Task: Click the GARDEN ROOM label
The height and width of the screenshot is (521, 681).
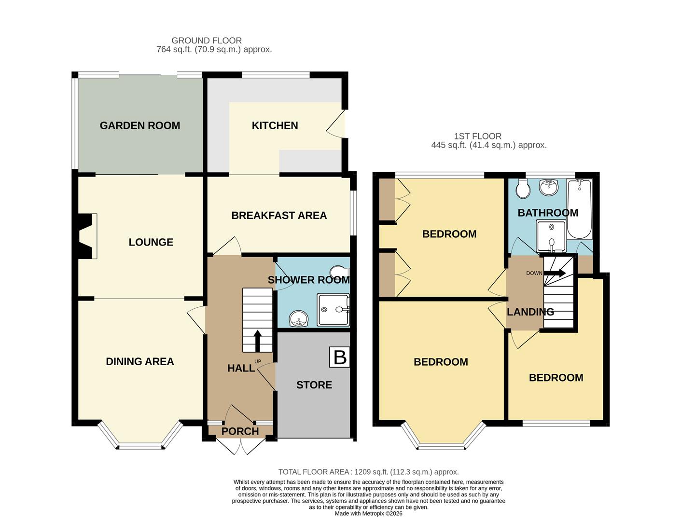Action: pyautogui.click(x=140, y=125)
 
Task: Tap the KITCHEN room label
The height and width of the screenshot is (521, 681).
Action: pyautogui.click(x=275, y=125)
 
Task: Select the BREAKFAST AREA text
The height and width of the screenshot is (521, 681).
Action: pyautogui.click(x=279, y=216)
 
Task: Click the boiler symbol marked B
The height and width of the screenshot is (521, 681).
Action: pyautogui.click(x=340, y=357)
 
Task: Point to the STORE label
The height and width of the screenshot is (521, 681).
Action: pyautogui.click(x=314, y=385)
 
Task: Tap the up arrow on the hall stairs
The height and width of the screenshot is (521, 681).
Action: pyautogui.click(x=257, y=340)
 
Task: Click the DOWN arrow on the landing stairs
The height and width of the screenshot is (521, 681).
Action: pyautogui.click(x=555, y=273)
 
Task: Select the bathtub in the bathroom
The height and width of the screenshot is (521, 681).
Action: pyautogui.click(x=579, y=209)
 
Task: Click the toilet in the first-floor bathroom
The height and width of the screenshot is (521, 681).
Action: pyautogui.click(x=522, y=189)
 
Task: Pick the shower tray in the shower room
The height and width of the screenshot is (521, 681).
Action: pyautogui.click(x=333, y=309)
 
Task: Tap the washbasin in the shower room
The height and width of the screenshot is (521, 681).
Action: pyautogui.click(x=298, y=318)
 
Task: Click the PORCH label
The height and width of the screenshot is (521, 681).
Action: pyautogui.click(x=240, y=431)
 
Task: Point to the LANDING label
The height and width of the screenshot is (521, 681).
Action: pyautogui.click(x=530, y=312)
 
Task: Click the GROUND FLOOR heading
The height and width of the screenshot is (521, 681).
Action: pyautogui.click(x=207, y=41)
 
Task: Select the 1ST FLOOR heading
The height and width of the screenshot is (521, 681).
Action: pyautogui.click(x=478, y=137)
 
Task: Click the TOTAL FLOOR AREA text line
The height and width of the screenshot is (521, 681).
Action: pyautogui.click(x=368, y=472)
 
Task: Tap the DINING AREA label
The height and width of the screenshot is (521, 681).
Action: pyautogui.click(x=140, y=361)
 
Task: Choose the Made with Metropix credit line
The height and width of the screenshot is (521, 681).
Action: pyautogui.click(x=368, y=514)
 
